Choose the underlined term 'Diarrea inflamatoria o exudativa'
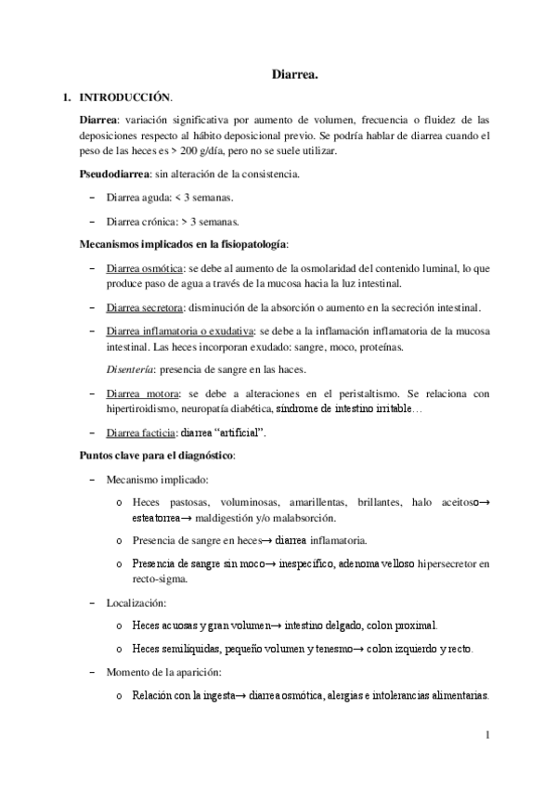point(179,331)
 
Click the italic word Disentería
point(130,369)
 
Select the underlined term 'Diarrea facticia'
point(140,432)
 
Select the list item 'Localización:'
point(136,602)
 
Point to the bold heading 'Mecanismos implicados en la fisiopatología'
point(183,244)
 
